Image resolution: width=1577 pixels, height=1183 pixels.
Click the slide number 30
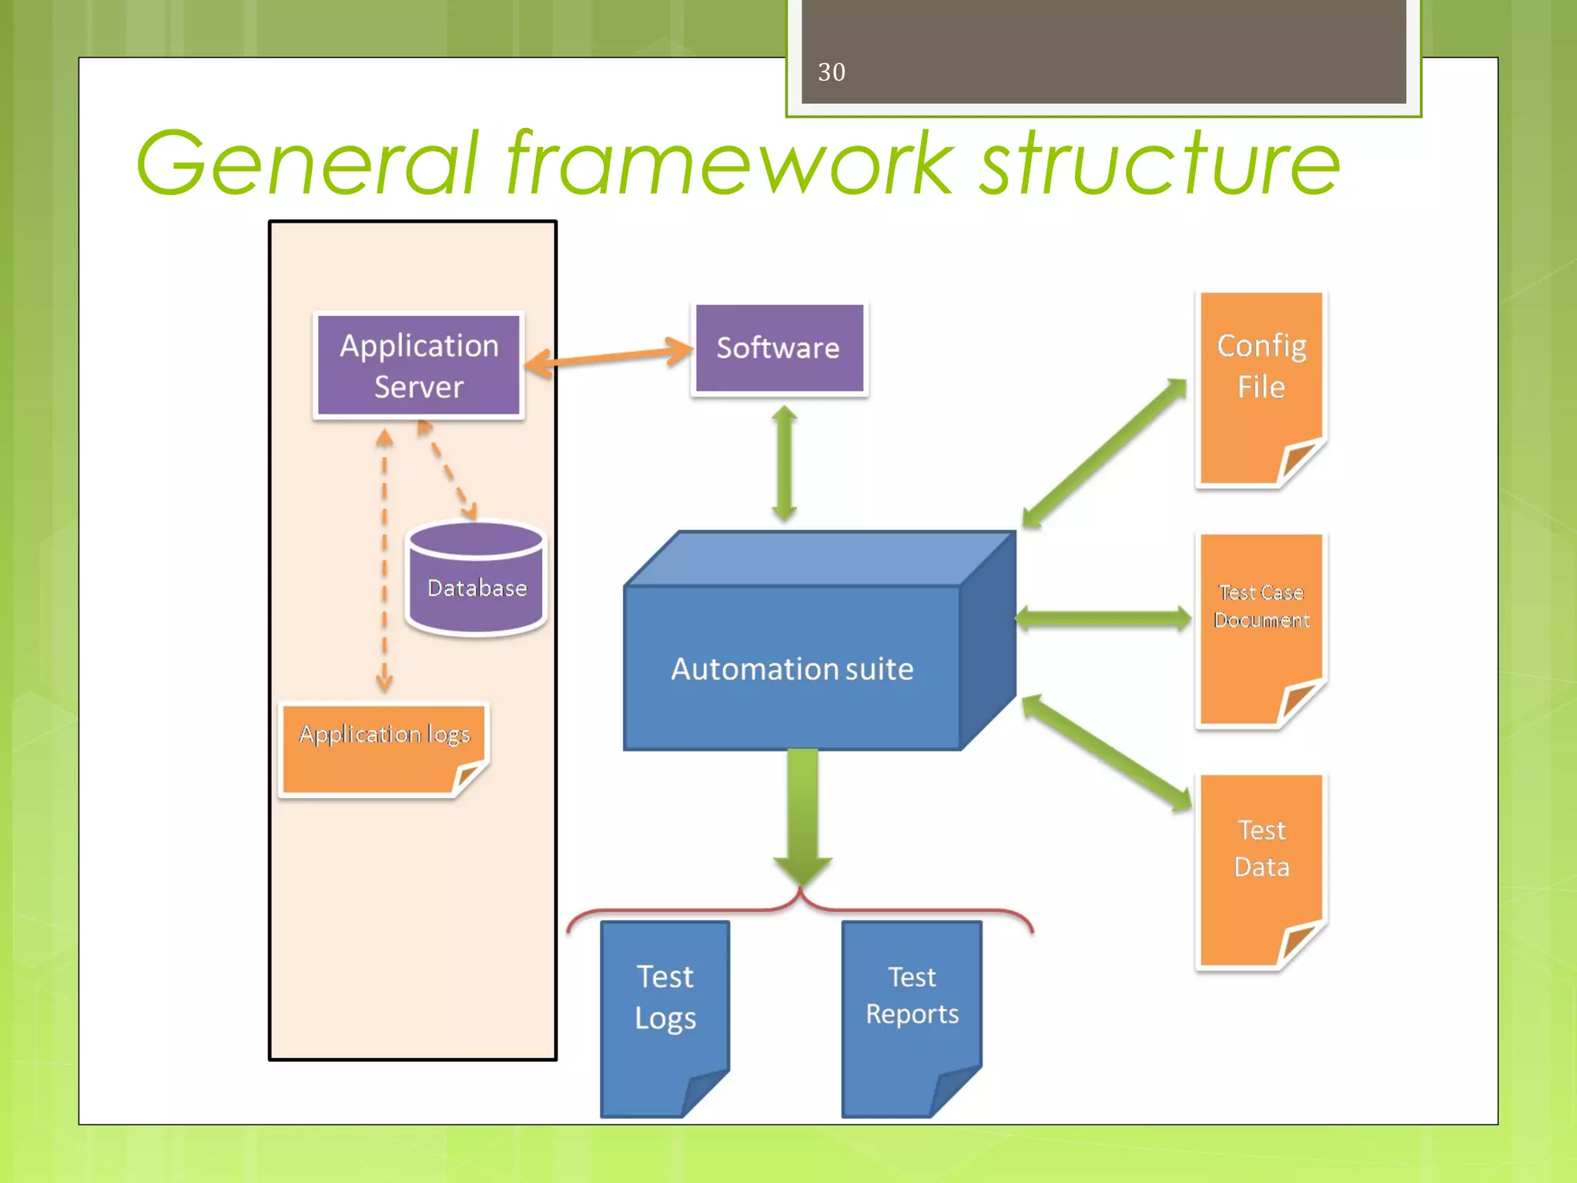[x=831, y=72]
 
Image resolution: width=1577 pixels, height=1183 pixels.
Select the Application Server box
[x=419, y=366]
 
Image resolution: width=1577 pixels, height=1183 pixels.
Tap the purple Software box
[x=778, y=348]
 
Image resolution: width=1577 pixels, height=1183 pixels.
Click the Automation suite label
[x=792, y=669]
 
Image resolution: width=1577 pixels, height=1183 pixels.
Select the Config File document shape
[x=1261, y=385]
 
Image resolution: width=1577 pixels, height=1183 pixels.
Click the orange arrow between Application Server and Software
[x=609, y=357]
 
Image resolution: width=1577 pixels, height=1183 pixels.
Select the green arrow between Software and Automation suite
[x=784, y=464]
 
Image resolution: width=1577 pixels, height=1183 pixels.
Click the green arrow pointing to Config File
[x=1105, y=454]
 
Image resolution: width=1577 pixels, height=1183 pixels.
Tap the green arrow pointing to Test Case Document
[x=1103, y=618]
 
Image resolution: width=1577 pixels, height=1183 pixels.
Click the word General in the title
[x=308, y=164]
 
